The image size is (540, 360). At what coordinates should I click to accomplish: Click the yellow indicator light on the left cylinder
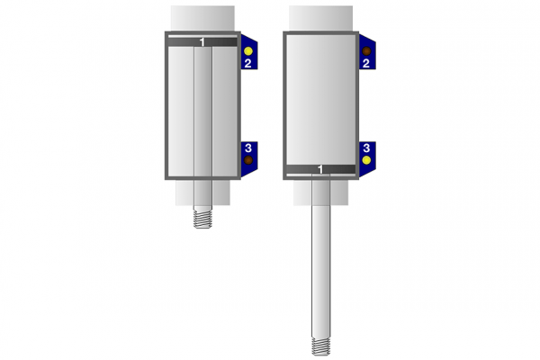pyautogui.click(x=248, y=51)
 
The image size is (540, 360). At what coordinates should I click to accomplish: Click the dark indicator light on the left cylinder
pyautogui.click(x=248, y=160)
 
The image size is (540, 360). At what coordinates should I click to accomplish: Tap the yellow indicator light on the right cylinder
pyautogui.click(x=366, y=160)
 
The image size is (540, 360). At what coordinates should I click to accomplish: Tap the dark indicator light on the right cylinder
pyautogui.click(x=366, y=51)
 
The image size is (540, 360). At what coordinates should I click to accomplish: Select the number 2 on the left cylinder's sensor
pyautogui.click(x=248, y=63)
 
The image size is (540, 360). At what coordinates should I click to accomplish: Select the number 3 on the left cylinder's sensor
pyautogui.click(x=248, y=148)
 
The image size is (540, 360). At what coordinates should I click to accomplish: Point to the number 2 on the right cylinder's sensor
pyautogui.click(x=366, y=63)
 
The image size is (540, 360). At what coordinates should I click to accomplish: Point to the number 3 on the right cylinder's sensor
pyautogui.click(x=366, y=148)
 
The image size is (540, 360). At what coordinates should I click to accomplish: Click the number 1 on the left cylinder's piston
pyautogui.click(x=202, y=42)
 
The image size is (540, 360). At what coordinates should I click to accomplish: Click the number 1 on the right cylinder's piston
pyautogui.click(x=320, y=169)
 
